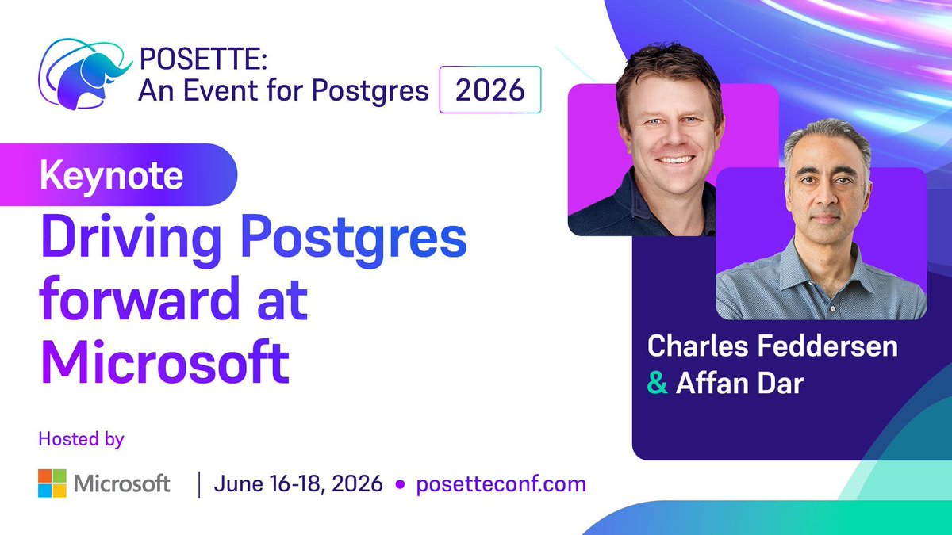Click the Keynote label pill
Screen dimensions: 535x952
coord(112,175)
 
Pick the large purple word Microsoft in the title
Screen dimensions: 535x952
coord(164,361)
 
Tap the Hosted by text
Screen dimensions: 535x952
coord(81,438)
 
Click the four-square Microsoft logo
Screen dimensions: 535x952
coord(52,483)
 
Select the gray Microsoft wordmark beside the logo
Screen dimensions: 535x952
coord(123,483)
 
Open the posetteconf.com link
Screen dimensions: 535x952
coord(501,483)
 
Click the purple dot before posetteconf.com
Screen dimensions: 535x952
coord(400,483)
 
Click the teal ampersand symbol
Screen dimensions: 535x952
coord(657,384)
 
